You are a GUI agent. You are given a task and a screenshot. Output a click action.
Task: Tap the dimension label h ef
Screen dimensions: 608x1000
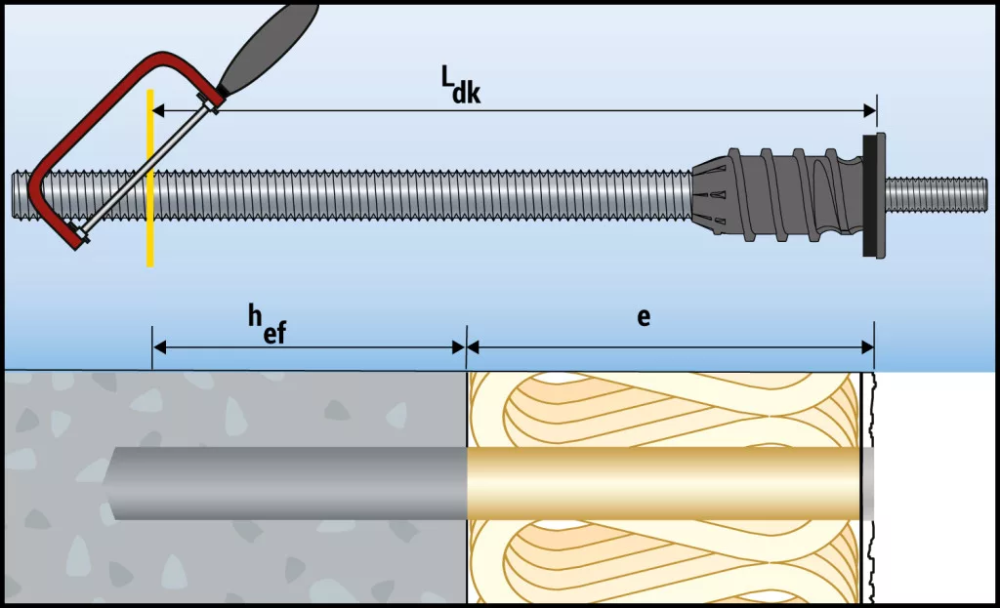coord(265,323)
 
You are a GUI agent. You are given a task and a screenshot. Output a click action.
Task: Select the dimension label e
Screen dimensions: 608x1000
coord(643,317)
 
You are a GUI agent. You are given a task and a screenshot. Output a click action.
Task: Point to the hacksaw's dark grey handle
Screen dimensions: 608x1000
coord(266,44)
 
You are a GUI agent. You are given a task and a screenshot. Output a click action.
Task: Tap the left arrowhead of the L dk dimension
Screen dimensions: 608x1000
coord(157,110)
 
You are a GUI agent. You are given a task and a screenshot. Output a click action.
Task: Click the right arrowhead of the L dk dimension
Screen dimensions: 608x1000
coord(870,110)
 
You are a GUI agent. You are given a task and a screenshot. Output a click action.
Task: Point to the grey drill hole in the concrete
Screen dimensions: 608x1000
coord(293,483)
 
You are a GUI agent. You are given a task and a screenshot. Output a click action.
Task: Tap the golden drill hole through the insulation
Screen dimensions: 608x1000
coord(664,483)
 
